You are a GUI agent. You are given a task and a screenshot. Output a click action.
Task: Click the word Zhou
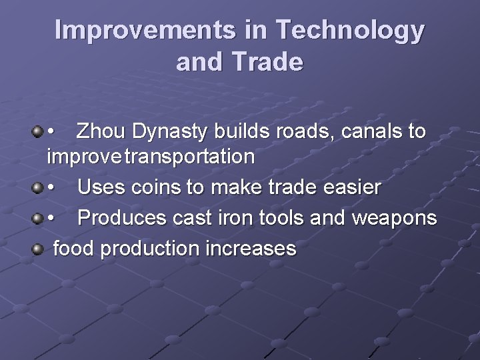[x=102, y=131]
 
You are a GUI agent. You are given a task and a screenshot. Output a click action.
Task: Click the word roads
[x=307, y=131]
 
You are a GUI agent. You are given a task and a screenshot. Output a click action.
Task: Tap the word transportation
[x=189, y=157]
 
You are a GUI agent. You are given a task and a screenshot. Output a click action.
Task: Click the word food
[x=73, y=249]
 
